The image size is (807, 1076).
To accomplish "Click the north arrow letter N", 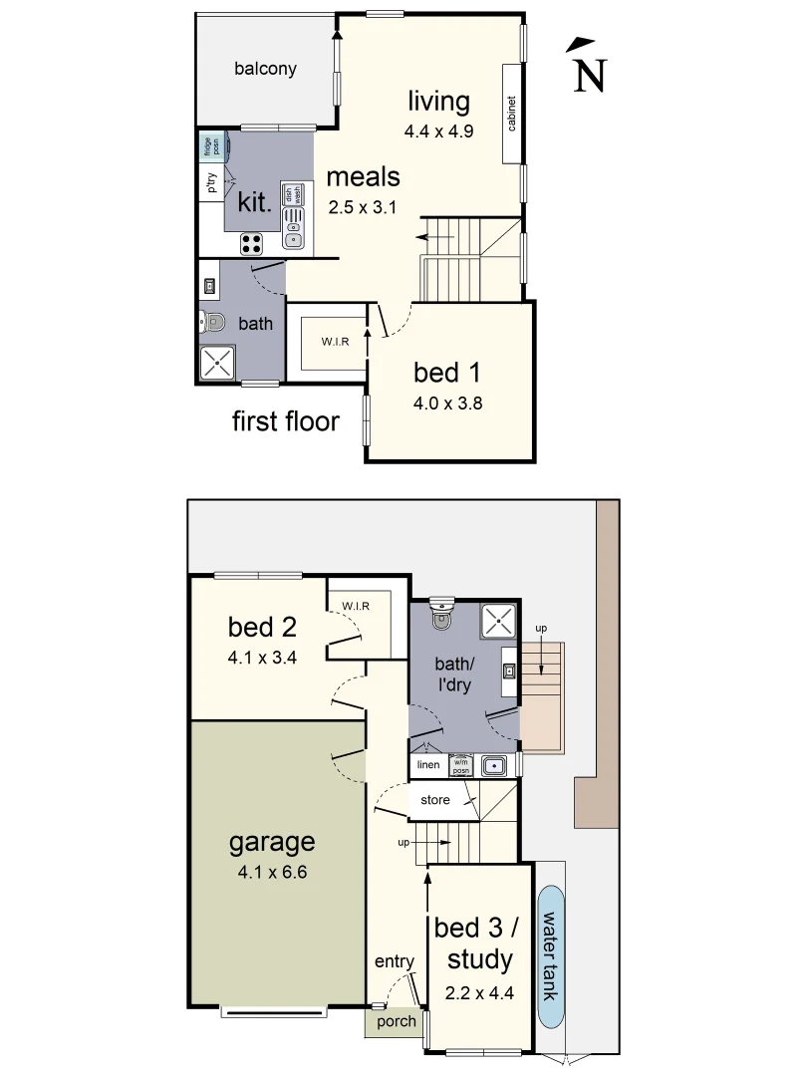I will (590, 77).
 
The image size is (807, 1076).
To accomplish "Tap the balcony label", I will (265, 69).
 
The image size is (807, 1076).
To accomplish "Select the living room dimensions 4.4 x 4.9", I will (437, 131).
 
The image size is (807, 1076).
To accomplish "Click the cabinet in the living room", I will (512, 113).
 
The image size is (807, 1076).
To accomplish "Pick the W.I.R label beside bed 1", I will (335, 343).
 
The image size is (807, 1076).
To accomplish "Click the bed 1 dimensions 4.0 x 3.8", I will (447, 403).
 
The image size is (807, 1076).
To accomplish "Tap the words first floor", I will (285, 420).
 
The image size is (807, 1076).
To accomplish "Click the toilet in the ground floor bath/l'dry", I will (440, 616).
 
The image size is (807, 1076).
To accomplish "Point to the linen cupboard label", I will (428, 765).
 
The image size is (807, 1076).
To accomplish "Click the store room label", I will (434, 800).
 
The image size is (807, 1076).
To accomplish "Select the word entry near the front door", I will (394, 961).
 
